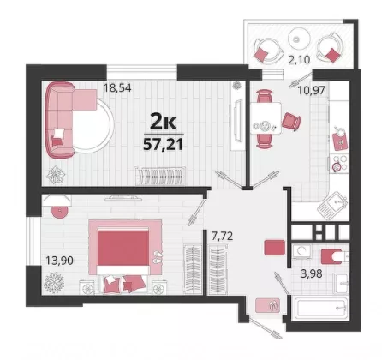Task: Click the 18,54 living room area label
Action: (117, 87)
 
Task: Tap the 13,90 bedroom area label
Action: (59, 261)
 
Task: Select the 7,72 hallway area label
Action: (222, 236)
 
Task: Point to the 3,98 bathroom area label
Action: (312, 273)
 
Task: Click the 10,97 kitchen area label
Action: (311, 90)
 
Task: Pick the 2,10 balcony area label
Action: (299, 60)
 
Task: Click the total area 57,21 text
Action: (163, 145)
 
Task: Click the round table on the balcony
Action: (299, 39)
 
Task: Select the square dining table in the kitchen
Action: (266, 118)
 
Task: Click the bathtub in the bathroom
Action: (321, 309)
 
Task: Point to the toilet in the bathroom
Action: (332, 256)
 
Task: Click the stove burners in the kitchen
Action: (339, 164)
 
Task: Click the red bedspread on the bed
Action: (123, 248)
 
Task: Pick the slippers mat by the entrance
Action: (267, 305)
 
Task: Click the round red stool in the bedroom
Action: (60, 211)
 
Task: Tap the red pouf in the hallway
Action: (275, 247)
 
